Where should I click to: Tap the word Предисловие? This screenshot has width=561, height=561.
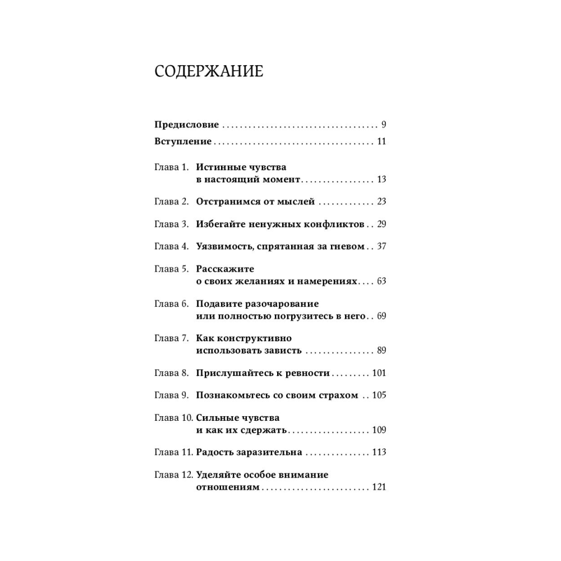pyautogui.click(x=187, y=125)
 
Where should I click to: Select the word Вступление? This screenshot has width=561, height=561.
pyautogui.click(x=183, y=141)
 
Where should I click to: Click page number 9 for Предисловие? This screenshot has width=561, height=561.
pyautogui.click(x=383, y=125)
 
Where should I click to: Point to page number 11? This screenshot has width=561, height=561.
pyautogui.click(x=381, y=141)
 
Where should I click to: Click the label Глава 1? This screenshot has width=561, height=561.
pyautogui.click(x=172, y=167)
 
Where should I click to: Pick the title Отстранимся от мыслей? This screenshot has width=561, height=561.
pyautogui.click(x=255, y=201)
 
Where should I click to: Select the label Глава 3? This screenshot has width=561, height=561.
pyautogui.click(x=172, y=224)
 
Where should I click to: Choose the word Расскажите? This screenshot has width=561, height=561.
pyautogui.click(x=225, y=269)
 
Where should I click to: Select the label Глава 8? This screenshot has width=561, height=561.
pyautogui.click(x=172, y=373)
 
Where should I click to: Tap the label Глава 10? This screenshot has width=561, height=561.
pyautogui.click(x=174, y=418)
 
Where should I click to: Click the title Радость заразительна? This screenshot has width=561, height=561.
pyautogui.click(x=250, y=452)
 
